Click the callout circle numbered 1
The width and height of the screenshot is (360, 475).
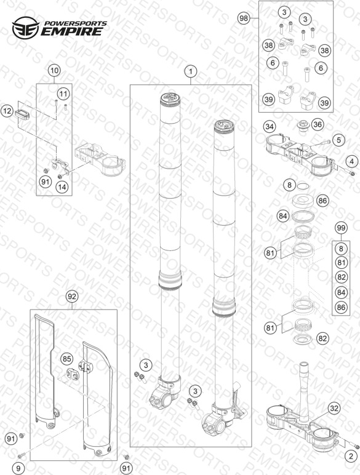pyautogui.click(x=191, y=72)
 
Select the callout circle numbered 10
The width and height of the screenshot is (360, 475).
pyautogui.click(x=54, y=71)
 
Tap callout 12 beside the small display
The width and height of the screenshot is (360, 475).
pyautogui.click(x=7, y=111)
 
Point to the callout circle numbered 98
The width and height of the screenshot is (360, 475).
pyautogui.click(x=244, y=18)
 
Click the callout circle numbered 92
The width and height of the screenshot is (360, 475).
pyautogui.click(x=72, y=297)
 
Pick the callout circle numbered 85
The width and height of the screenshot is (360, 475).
pyautogui.click(x=66, y=359)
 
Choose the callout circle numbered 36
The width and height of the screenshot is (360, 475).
pyautogui.click(x=318, y=124)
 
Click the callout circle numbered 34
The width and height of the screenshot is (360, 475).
pyautogui.click(x=270, y=126)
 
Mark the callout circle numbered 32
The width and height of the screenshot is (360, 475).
pyautogui.click(x=334, y=409)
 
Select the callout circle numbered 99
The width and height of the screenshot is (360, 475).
pyautogui.click(x=341, y=228)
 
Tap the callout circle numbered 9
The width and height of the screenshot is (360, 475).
pyautogui.click(x=18, y=468)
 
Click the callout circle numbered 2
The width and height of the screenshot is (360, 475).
pyautogui.click(x=351, y=456)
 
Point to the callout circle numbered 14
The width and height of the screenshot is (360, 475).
pyautogui.click(x=62, y=187)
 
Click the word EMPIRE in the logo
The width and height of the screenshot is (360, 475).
pyautogui.click(x=72, y=31)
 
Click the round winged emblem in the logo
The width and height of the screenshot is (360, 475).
pyautogui.click(x=25, y=28)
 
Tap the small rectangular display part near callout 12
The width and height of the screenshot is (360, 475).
pyautogui.click(x=22, y=114)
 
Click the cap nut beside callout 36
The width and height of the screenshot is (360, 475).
pyautogui.click(x=302, y=125)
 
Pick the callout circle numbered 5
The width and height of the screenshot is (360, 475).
pyautogui.click(x=338, y=140)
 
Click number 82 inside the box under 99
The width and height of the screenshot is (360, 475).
pyautogui.click(x=341, y=277)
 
